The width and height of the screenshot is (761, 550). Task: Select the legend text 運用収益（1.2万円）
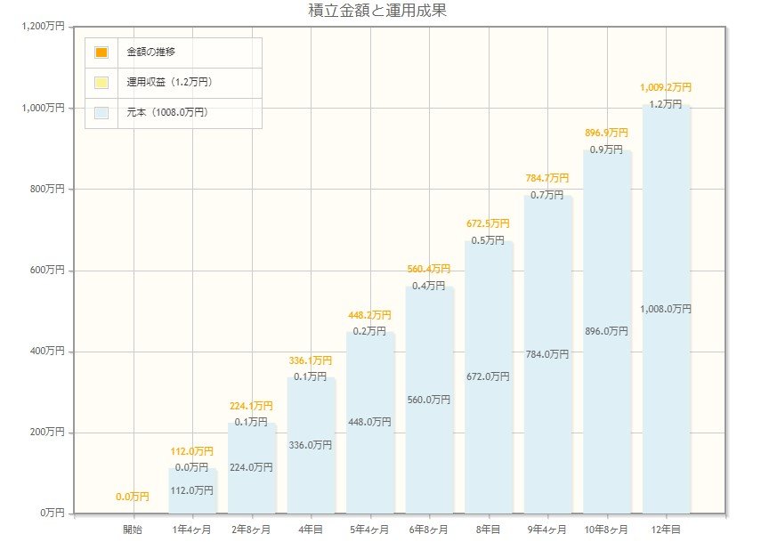pos(169,83)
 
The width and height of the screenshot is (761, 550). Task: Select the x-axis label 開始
pos(133,530)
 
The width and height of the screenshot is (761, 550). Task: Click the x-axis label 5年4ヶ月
pos(369,530)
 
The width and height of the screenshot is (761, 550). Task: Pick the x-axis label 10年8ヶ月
pos(606,530)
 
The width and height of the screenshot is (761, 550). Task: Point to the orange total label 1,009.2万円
pos(666,88)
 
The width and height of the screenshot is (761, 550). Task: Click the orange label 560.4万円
pos(429,269)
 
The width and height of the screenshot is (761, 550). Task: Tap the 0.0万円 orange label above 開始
pos(133,497)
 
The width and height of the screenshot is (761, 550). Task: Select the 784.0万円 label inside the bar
pos(547,354)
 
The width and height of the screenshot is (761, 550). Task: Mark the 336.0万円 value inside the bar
pos(311,445)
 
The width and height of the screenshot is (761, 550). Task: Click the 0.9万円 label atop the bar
pos(606,150)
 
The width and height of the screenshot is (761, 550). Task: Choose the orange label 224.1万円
pos(251,406)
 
